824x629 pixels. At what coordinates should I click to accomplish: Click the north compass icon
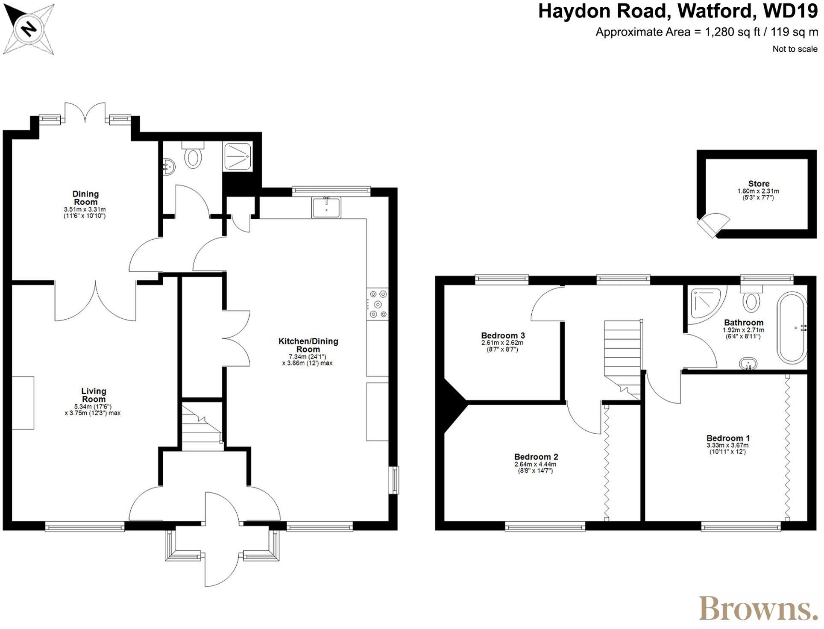click(x=29, y=29)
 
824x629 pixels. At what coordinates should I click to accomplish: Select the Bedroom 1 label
click(x=728, y=438)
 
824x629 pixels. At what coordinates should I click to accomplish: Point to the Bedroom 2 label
click(x=536, y=457)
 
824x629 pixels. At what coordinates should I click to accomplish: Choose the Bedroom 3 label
click(x=503, y=336)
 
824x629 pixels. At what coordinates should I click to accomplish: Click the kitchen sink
click(x=327, y=208)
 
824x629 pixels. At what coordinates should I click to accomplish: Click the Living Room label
click(x=94, y=395)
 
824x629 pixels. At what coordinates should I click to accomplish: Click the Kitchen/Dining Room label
click(x=308, y=345)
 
